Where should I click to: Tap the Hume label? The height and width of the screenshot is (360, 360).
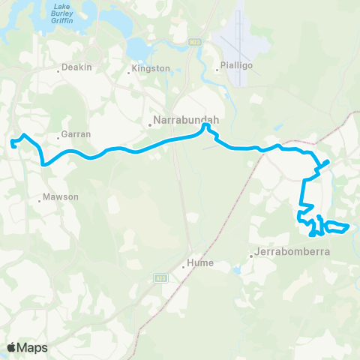point(201,263)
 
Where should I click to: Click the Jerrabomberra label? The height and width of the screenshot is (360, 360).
point(293,252)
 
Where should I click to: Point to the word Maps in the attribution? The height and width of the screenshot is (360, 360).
point(33,347)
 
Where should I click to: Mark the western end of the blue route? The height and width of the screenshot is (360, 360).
point(12,142)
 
